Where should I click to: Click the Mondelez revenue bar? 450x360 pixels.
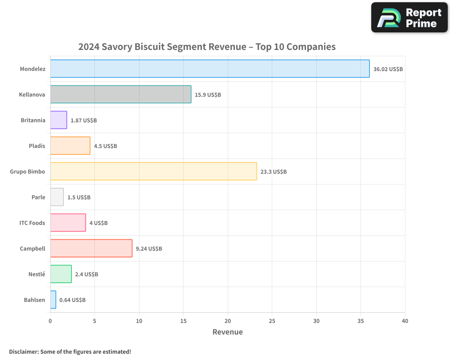[210, 69]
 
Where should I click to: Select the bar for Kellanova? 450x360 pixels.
[121, 94]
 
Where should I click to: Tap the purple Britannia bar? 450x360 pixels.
[58, 120]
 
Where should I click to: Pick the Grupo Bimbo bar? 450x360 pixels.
[153, 171]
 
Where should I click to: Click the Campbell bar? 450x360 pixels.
[91, 248]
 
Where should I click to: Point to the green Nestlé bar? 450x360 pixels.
[61, 274]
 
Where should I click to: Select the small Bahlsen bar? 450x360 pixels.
[53, 300]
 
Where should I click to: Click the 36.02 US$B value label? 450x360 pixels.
[388, 69]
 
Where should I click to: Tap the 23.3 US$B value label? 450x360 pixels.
[274, 172]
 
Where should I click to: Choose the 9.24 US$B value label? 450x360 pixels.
[149, 249]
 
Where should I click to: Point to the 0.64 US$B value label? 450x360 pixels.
[72, 300]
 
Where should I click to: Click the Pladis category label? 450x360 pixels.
[36, 146]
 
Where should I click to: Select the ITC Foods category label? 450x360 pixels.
[32, 223]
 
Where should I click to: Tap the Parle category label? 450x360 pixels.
[38, 197]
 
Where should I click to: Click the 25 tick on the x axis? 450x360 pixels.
[272, 321]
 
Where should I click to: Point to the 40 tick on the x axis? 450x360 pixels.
[405, 321]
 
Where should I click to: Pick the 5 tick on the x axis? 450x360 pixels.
[94, 321]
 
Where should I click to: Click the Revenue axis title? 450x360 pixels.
[227, 332]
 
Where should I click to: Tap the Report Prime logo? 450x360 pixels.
[409, 18]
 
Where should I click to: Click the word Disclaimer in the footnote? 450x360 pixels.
[23, 351]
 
